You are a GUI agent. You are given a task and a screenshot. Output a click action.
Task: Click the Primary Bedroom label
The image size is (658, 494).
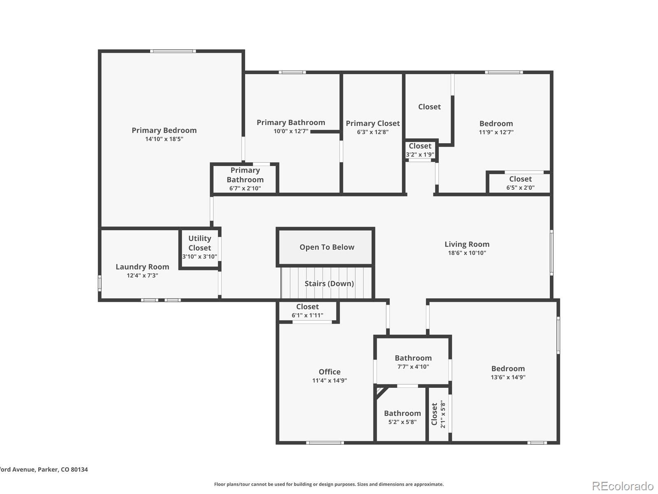(x=164, y=130)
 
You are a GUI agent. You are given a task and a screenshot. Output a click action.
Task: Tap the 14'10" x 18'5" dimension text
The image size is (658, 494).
(x=164, y=139)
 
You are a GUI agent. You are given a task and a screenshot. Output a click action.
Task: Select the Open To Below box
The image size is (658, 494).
(x=325, y=247)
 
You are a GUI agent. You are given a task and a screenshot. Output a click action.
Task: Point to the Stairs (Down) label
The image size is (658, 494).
(x=329, y=284)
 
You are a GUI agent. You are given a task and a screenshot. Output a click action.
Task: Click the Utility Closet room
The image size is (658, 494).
(x=199, y=248)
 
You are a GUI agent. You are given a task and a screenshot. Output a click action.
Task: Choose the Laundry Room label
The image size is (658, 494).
(x=142, y=267)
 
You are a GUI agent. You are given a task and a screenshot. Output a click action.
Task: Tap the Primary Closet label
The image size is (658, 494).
(x=373, y=123)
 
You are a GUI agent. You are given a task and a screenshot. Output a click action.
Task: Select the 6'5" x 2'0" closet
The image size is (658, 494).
(x=519, y=183)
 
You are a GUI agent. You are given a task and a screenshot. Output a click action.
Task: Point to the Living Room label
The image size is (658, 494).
(x=467, y=244)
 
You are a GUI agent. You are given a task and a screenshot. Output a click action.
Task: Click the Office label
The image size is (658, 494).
(x=329, y=372)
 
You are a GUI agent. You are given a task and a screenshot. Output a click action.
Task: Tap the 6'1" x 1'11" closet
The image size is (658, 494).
(x=308, y=311)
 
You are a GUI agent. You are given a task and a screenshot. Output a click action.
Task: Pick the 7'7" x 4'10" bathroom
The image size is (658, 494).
(x=413, y=361)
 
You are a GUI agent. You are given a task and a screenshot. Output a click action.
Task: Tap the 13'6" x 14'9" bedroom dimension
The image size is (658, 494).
(x=508, y=377)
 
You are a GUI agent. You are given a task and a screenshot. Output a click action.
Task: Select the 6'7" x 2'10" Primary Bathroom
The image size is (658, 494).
(x=245, y=179)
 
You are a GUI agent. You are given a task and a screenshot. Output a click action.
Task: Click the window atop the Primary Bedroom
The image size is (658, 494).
(x=173, y=51)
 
